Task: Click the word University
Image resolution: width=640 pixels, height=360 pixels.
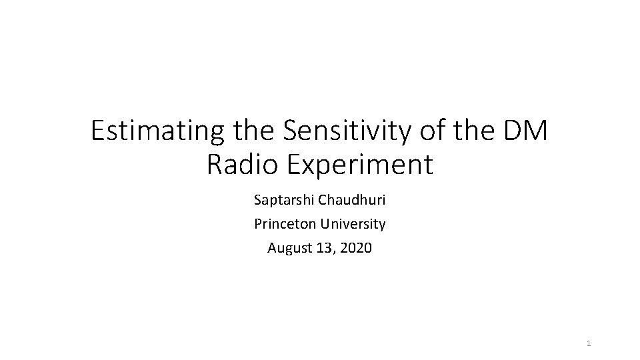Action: pyautogui.click(x=353, y=224)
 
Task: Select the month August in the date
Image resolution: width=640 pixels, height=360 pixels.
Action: pyautogui.click(x=287, y=248)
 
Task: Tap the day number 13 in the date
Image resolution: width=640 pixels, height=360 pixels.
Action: pyautogui.click(x=322, y=248)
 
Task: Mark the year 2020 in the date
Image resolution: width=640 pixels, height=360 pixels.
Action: pyautogui.click(x=357, y=248)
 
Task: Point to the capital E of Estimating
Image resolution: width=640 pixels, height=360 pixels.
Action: pyautogui.click(x=98, y=131)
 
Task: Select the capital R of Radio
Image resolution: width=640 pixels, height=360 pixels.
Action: pyautogui.click(x=215, y=165)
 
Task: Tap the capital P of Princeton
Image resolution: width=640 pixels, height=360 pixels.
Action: pyautogui.click(x=258, y=224)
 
